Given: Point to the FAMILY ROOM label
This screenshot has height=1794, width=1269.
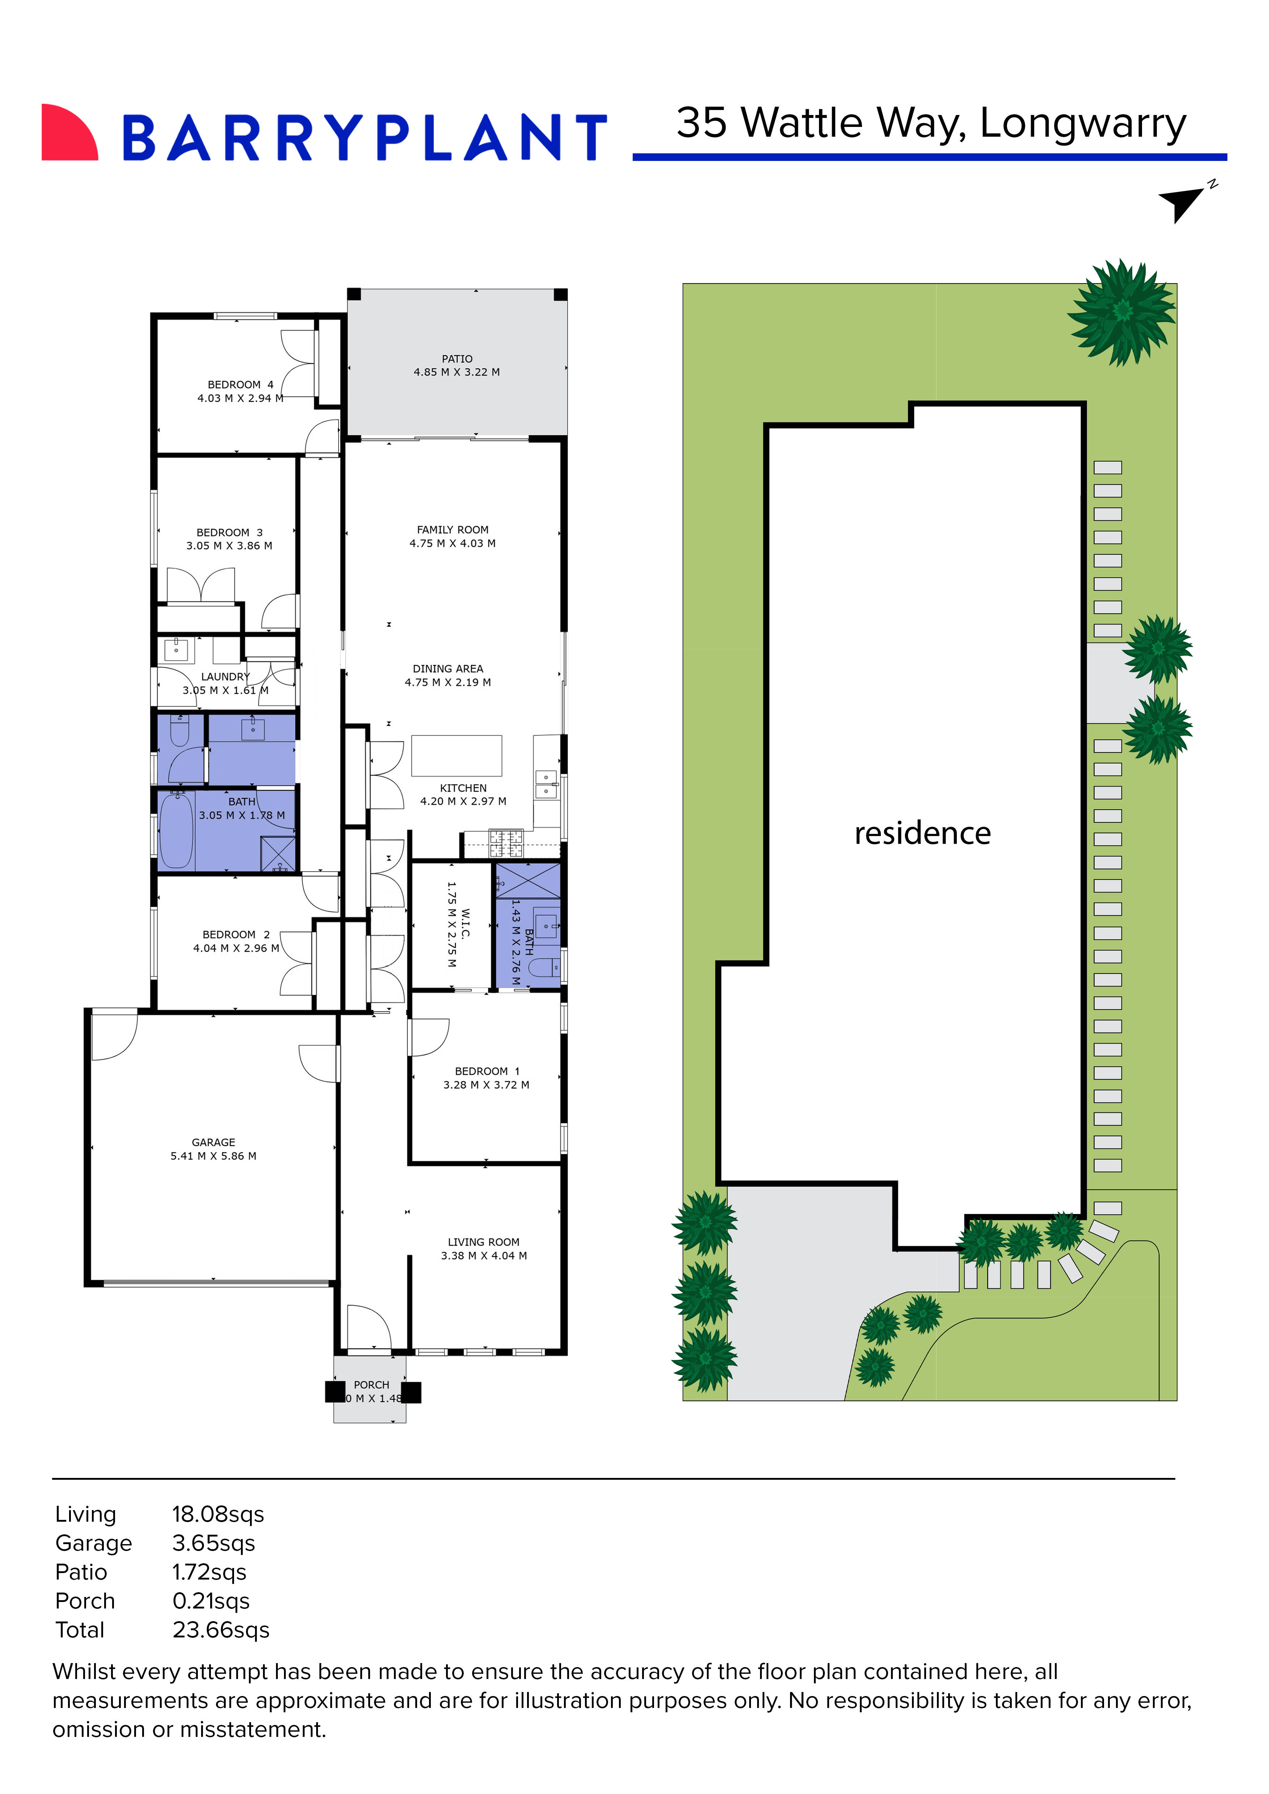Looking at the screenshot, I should tap(453, 530).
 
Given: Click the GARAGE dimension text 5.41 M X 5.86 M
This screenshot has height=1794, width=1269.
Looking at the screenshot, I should tap(213, 1156).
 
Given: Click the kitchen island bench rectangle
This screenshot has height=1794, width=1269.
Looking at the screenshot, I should tap(456, 755).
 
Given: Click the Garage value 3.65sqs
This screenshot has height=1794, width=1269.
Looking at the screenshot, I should tap(213, 1543).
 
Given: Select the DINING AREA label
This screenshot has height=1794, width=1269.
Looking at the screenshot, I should tap(448, 669).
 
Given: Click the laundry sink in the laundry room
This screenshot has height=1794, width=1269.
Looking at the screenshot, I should tap(177, 649).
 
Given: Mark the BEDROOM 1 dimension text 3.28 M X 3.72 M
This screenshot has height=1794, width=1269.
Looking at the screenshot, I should tap(486, 1085).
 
